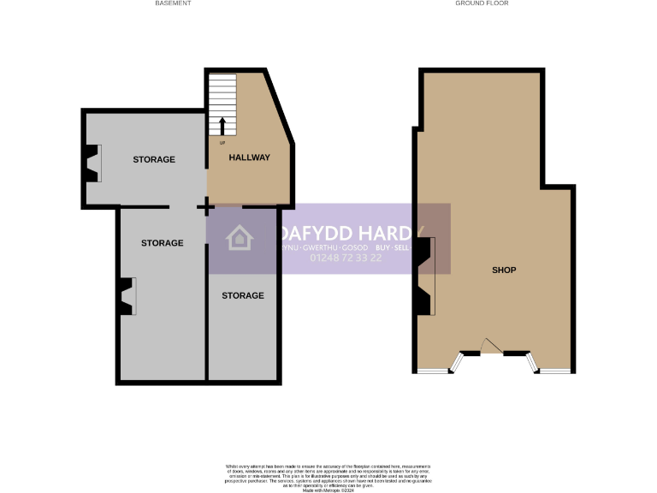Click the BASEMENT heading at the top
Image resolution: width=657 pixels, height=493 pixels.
(x=173, y=3)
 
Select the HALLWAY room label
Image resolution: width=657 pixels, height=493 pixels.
(x=249, y=157)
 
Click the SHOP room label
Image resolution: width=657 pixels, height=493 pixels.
(x=504, y=270)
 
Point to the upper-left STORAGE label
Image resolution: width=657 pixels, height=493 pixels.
(x=154, y=160)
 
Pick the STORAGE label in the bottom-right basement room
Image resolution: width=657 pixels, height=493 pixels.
(x=243, y=296)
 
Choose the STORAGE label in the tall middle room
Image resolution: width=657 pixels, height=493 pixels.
(x=162, y=243)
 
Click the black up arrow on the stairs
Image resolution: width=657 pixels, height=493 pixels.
(x=222, y=126)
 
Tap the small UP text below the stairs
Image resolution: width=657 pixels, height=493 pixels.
(x=222, y=142)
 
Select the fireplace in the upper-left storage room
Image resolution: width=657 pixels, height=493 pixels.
(x=92, y=163)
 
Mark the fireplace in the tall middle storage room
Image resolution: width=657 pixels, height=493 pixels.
(x=127, y=297)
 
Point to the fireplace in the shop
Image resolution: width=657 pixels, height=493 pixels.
(x=425, y=276)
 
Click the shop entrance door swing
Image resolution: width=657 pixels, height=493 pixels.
(x=490, y=345)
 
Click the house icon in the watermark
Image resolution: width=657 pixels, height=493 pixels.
(x=240, y=238)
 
